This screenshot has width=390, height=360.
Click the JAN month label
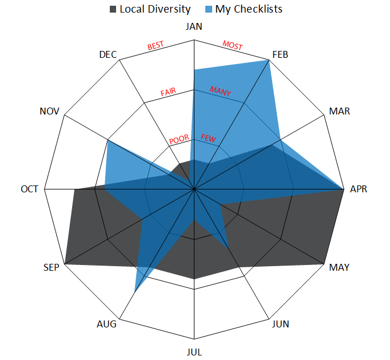pos(194,27)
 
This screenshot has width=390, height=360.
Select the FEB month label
pos(280,55)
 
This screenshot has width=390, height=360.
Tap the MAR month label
pos(340,111)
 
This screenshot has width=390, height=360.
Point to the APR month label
pos(359,189)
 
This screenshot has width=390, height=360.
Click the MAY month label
pos(340,267)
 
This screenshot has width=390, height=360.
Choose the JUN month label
pos(280,324)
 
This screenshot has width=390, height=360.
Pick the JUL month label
pos(194,351)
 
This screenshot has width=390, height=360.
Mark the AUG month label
pos(107,324)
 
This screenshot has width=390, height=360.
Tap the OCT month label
pos(30,189)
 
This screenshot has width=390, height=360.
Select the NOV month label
pos(50,111)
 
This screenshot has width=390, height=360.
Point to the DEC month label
pos(108,55)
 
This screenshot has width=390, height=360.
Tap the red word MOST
pos(232,45)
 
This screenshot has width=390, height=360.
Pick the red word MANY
pos(221,91)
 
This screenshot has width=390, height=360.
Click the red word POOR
pos(179,139)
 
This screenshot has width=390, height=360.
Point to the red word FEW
pos(208,138)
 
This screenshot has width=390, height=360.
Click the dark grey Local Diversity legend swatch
pos(113,9)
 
